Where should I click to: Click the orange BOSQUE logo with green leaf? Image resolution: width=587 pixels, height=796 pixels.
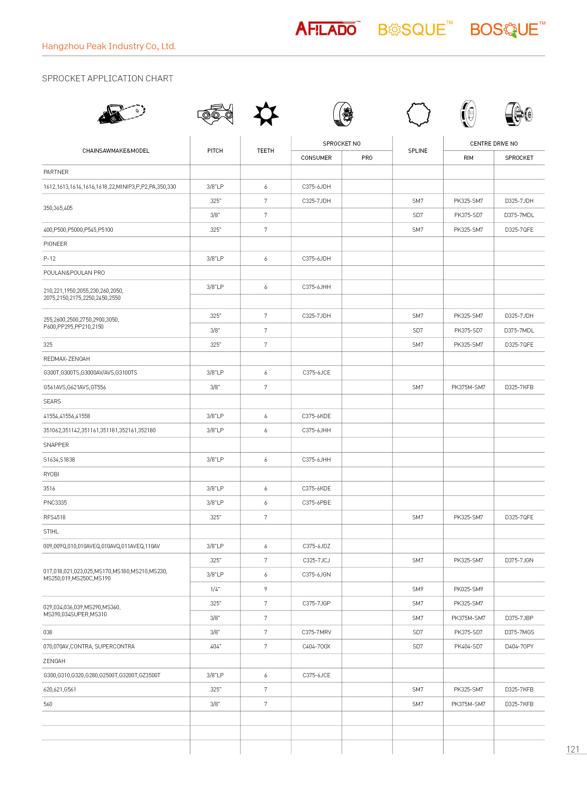(507, 29)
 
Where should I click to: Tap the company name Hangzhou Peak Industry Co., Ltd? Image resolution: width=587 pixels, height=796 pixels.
(109, 46)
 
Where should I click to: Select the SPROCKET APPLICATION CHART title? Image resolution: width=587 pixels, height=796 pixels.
(107, 79)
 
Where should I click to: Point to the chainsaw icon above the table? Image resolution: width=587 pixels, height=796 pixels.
(121, 114)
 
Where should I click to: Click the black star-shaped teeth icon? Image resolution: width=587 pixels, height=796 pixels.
(266, 114)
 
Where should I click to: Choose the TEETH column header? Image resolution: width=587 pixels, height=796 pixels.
(266, 151)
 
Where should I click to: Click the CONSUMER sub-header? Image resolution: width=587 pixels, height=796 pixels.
(316, 158)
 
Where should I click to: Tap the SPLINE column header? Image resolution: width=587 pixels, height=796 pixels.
(418, 151)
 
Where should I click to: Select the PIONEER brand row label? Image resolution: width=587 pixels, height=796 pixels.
(55, 244)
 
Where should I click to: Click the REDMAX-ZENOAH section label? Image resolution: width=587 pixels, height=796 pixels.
(67, 359)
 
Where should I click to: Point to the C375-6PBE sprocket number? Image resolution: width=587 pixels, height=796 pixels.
(316, 503)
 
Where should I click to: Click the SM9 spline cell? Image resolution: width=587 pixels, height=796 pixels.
(418, 589)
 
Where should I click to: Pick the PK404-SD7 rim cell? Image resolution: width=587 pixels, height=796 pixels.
(468, 647)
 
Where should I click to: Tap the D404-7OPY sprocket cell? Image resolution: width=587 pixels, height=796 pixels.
(519, 647)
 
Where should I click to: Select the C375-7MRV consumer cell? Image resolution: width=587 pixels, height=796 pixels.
(316, 632)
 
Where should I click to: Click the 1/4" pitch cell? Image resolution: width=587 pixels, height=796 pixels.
(215, 589)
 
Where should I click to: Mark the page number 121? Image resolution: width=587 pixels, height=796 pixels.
(573, 749)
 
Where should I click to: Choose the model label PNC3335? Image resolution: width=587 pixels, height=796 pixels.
(55, 503)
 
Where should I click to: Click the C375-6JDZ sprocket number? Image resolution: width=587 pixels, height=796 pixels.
(316, 546)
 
